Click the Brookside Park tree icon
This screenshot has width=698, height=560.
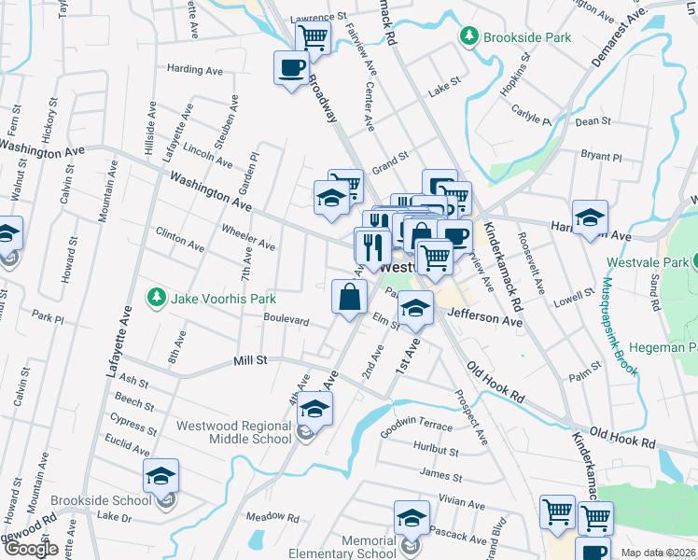point(468,36)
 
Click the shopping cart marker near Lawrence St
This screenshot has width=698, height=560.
point(314,37)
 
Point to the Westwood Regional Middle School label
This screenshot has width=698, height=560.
point(233,432)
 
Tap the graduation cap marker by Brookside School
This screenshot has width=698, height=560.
point(161,477)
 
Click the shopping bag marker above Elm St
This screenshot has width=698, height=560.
point(349,298)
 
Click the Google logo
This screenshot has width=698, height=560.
point(31,549)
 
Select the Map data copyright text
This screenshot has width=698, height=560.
point(659,553)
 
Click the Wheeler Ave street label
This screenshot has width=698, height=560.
point(247,238)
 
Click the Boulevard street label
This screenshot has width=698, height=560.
point(286,319)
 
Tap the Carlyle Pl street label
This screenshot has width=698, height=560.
point(531,115)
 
